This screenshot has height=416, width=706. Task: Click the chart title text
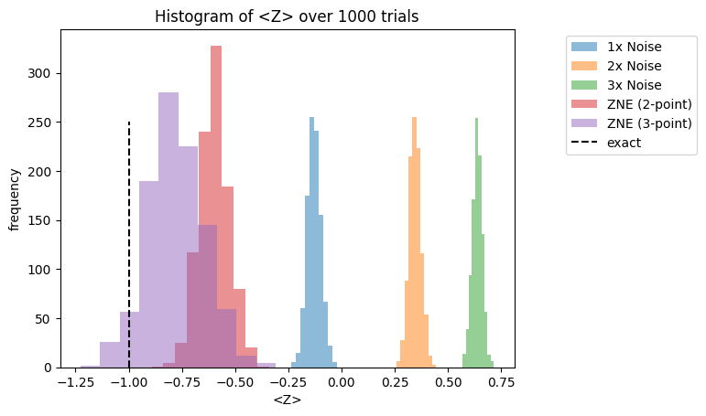click(x=288, y=16)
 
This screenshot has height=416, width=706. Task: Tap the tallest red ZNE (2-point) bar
click(x=216, y=183)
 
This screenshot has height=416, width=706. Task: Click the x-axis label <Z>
click(x=288, y=400)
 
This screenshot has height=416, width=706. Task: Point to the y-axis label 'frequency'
click(x=15, y=198)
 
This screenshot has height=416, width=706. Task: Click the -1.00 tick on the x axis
click(x=129, y=382)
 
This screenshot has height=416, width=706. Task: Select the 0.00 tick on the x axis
click(x=341, y=382)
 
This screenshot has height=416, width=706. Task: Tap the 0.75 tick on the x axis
click(x=499, y=382)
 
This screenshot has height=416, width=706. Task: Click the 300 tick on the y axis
click(x=40, y=74)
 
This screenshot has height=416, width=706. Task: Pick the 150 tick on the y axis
click(x=40, y=221)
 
